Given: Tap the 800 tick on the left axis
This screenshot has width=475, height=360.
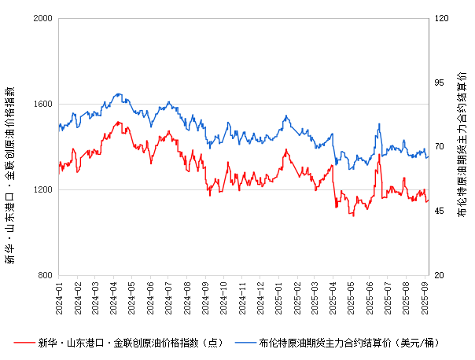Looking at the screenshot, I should tap(45, 275).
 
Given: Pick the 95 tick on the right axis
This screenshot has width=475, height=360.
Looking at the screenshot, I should tap(439, 83).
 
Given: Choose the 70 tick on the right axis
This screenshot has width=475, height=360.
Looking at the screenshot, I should tap(439, 147).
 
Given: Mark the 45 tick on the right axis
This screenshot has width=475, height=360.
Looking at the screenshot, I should tap(439, 211).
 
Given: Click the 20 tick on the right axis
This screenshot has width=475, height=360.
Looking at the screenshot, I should tap(439, 275).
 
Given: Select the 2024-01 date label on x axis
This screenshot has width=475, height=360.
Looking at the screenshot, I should tap(60, 297).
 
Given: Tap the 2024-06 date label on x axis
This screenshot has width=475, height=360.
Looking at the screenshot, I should tap(151, 297).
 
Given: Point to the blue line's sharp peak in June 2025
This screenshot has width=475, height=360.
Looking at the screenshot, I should tap(379, 124).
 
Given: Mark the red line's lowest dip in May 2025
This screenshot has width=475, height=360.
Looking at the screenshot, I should tap(352, 215).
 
